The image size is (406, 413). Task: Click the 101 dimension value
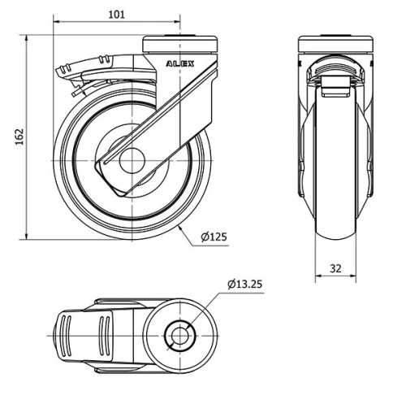[117, 14]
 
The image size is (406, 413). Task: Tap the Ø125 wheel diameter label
[214, 237]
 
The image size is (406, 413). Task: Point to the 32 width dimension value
[335, 266]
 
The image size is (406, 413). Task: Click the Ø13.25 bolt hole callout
[245, 284]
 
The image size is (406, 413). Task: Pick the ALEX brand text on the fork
[179, 63]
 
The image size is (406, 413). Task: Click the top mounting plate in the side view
[180, 43]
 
